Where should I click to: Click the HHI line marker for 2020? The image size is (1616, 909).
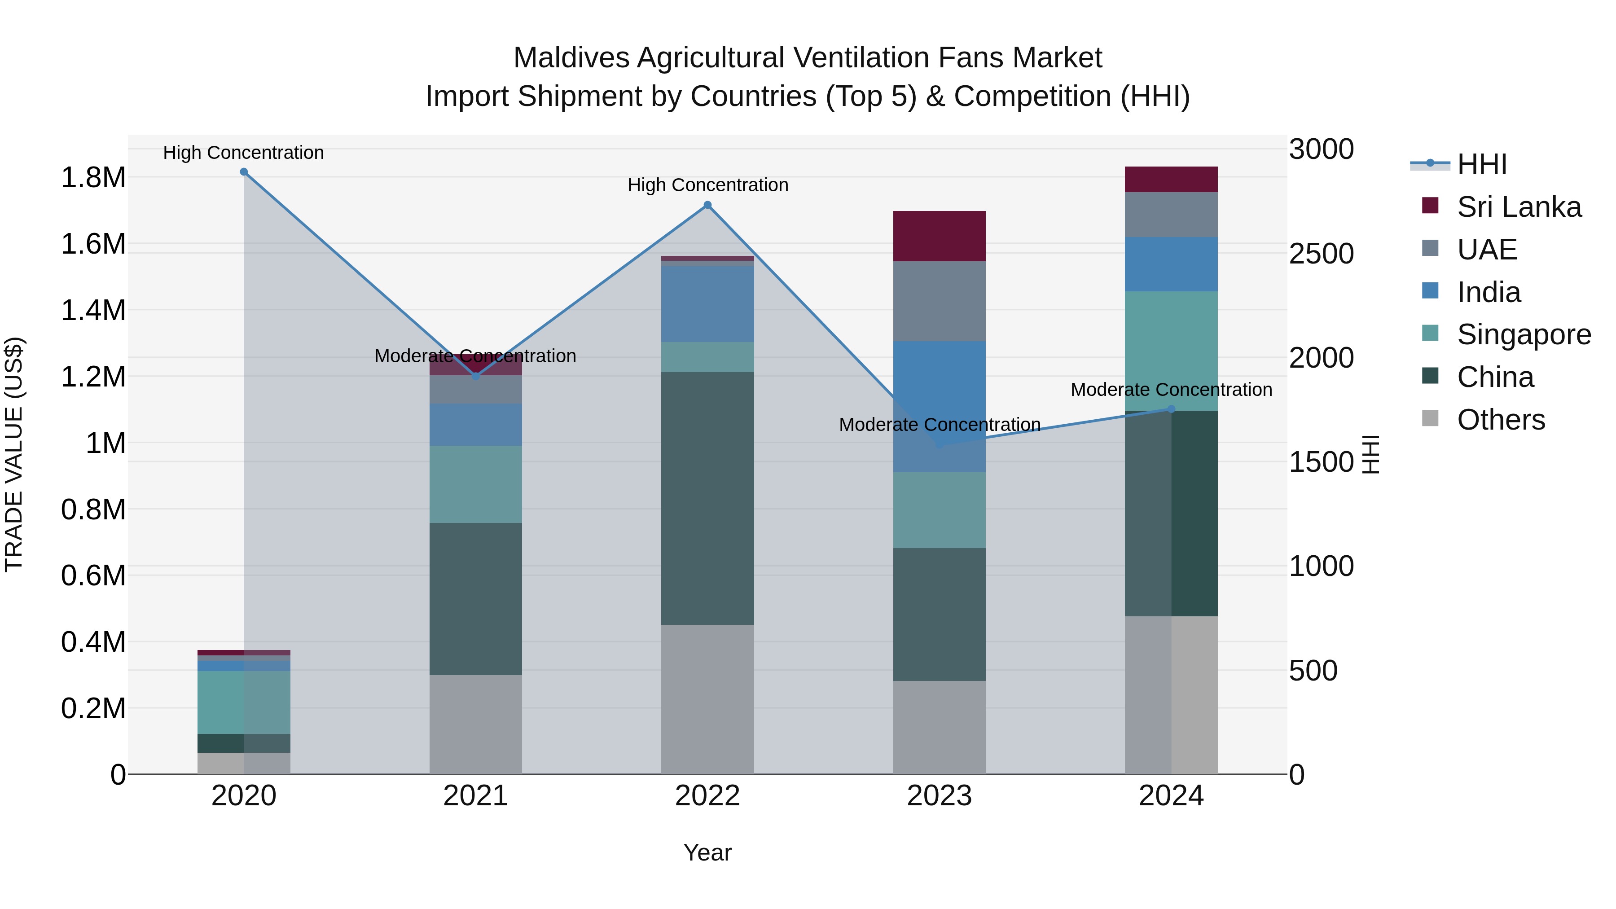click(244, 172)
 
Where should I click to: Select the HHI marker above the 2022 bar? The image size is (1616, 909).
click(707, 205)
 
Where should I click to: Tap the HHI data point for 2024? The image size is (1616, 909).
click(1171, 409)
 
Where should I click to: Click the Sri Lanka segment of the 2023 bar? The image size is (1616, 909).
click(939, 236)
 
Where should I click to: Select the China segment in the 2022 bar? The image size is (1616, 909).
click(707, 498)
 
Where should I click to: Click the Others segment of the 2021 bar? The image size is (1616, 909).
click(475, 724)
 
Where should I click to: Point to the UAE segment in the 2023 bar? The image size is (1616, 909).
click(939, 301)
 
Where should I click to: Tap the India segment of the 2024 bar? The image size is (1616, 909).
click(1171, 264)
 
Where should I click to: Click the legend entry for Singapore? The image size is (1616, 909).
click(1523, 334)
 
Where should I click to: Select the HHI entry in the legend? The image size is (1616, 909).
click(1481, 164)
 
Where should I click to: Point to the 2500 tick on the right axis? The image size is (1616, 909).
click(1321, 254)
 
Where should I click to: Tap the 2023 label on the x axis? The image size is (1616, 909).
click(939, 796)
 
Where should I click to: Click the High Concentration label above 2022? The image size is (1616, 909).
click(707, 185)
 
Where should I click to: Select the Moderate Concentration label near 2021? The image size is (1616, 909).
click(475, 356)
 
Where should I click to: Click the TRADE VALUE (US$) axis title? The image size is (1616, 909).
click(14, 454)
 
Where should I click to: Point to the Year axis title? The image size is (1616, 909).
click(707, 852)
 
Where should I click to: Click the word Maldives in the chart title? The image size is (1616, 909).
click(571, 58)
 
